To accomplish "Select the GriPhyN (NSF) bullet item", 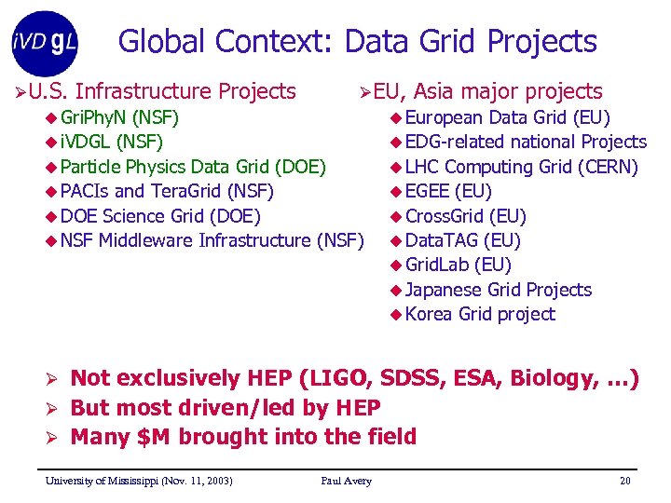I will point(119,117).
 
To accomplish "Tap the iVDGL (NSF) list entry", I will point(111,143).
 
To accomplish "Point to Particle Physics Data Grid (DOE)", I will point(192,167).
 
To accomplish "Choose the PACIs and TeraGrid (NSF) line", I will point(166,192).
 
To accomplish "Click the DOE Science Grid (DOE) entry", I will point(159,216).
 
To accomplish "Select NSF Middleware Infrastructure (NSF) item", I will point(211,240).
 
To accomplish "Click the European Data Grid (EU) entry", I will point(507,117).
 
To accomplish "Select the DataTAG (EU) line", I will point(462,240).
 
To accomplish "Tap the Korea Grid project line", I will point(480,314).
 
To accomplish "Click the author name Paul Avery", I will point(346,481).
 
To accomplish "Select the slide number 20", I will point(624,481).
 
